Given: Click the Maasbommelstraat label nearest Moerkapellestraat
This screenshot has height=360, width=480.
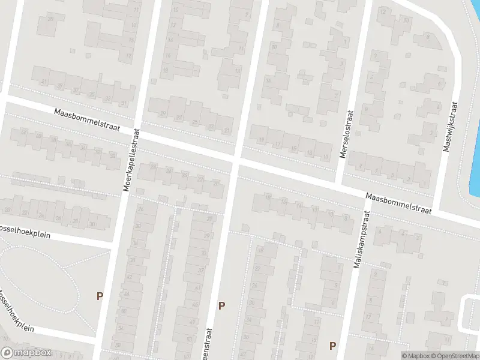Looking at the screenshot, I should coord(88,120).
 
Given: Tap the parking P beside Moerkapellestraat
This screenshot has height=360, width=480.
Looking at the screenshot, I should coord(100,296).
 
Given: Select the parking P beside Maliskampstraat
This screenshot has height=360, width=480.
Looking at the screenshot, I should coord(332,346).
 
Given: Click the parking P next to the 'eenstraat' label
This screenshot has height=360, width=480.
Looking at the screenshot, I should coord(222,305).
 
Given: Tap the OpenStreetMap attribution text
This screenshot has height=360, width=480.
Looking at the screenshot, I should coord(454,356).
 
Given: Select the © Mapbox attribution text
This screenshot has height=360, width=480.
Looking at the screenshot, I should coord(415,356).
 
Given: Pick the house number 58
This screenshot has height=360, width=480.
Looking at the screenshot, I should coord(118,345).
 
